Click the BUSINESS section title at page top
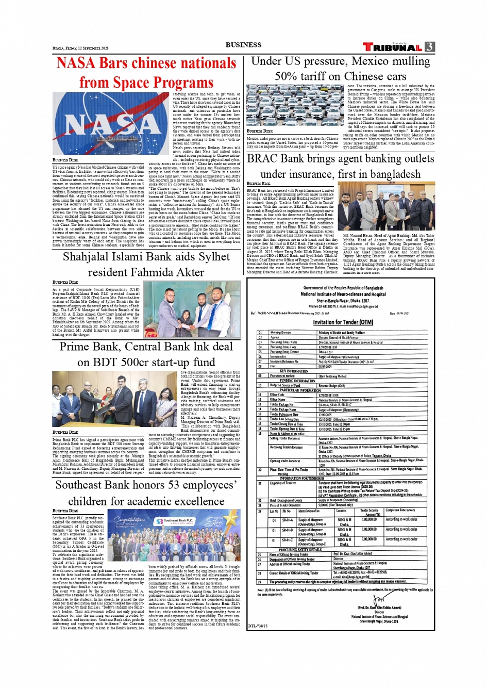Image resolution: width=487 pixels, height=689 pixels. pos(243,45)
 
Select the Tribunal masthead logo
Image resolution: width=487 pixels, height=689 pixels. pos(393,47)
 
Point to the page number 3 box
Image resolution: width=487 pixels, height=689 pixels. pos(430,47)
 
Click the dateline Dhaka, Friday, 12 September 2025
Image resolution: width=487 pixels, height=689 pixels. pos(80,48)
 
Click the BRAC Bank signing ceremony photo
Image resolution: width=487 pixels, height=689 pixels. pos(389,206)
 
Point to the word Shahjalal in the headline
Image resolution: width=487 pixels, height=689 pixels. pos(90,257)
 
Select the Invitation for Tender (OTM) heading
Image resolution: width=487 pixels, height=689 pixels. pos(343,322)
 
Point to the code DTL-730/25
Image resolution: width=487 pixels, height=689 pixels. pos(258,626)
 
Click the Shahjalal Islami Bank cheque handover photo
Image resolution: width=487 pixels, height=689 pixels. pos(192,309)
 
